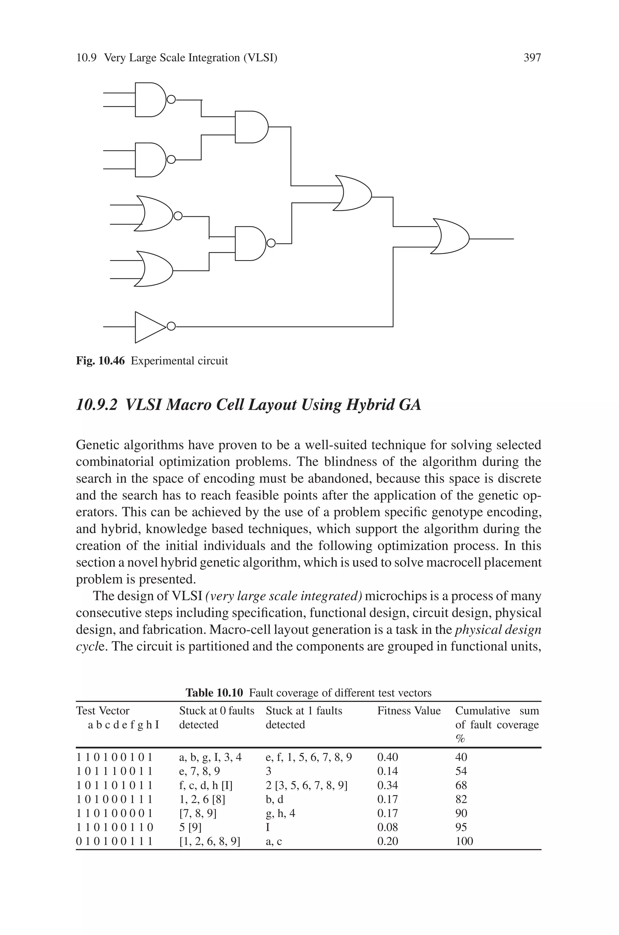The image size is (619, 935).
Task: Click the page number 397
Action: click(x=532, y=58)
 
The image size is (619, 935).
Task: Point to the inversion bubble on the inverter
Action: click(x=171, y=327)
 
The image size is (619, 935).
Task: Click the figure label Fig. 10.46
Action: click(x=100, y=361)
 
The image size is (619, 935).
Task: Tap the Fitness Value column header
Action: click(x=409, y=711)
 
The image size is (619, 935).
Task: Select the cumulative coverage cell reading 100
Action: click(x=464, y=841)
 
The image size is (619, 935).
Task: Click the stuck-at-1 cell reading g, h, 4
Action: click(x=280, y=813)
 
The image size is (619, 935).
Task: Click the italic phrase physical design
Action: click(x=498, y=630)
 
